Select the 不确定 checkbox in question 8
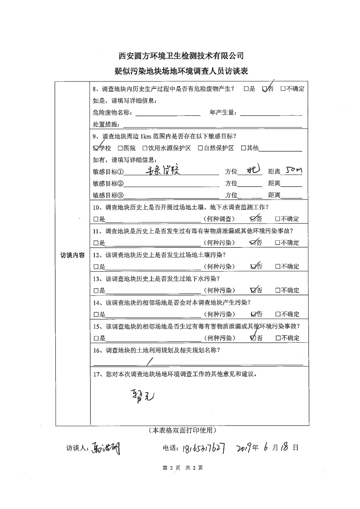point(283,89)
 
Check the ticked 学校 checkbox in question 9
point(96,148)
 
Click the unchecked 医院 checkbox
point(120,148)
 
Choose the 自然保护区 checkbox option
point(200,148)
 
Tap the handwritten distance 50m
point(291,169)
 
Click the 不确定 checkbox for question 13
point(277,290)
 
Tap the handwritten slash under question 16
point(149,361)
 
